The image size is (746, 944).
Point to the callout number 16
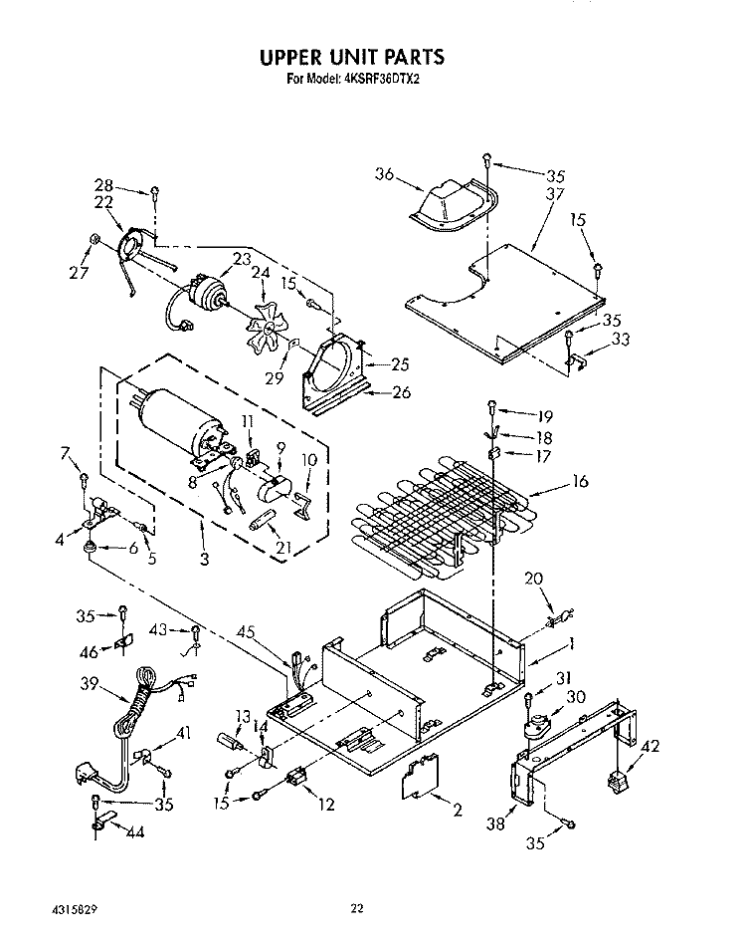click(x=579, y=482)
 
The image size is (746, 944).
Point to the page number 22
click(x=358, y=907)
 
